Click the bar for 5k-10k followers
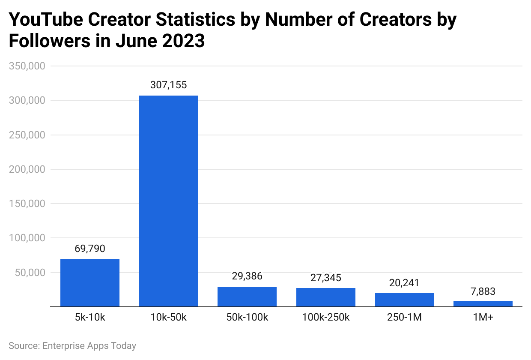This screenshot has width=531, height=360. click(x=90, y=283)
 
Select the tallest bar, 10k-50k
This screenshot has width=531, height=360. click(x=168, y=201)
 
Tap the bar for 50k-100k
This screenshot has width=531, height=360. click(x=247, y=297)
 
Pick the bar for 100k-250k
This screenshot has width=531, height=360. click(x=326, y=297)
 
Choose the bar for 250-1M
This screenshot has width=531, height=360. click(x=404, y=300)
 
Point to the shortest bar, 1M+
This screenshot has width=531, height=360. click(x=483, y=304)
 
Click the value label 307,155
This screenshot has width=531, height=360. click(x=168, y=85)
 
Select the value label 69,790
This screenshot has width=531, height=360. click(x=90, y=249)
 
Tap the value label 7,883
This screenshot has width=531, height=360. click(x=483, y=291)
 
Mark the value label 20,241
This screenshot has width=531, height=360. click(x=404, y=283)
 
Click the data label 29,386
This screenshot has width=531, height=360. click(x=247, y=276)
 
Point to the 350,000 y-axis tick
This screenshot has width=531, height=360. click(x=27, y=66)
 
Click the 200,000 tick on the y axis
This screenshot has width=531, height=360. click(x=27, y=169)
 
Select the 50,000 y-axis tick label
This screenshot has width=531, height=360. click(x=30, y=273)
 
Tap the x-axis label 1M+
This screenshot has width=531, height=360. click(x=483, y=318)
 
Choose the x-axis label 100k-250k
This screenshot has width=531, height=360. click(x=326, y=318)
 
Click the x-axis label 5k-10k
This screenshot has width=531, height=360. click(x=90, y=318)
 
